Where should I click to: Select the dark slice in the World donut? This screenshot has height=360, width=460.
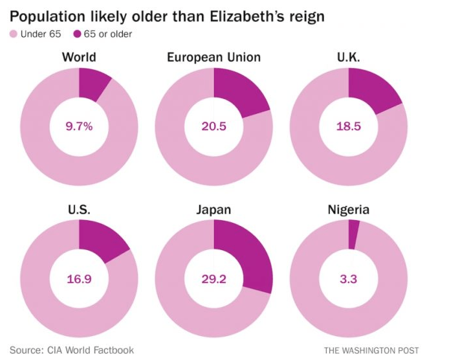(x=92, y=83)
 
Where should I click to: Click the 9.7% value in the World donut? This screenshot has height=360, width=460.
(x=80, y=126)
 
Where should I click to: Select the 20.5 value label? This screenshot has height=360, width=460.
(x=214, y=126)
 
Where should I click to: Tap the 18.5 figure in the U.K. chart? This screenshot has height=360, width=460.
(x=348, y=126)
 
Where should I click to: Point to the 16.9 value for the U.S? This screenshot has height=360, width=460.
(x=80, y=279)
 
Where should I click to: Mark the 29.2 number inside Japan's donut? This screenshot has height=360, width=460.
(x=214, y=279)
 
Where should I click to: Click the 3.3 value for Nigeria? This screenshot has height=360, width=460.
(x=348, y=279)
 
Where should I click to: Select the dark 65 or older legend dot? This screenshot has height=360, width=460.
(x=78, y=34)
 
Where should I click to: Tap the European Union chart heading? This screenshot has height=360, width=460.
(x=214, y=57)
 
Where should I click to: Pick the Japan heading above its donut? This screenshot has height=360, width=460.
(x=214, y=210)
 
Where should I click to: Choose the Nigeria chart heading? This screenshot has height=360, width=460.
(x=348, y=210)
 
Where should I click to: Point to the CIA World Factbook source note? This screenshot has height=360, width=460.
(x=71, y=350)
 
